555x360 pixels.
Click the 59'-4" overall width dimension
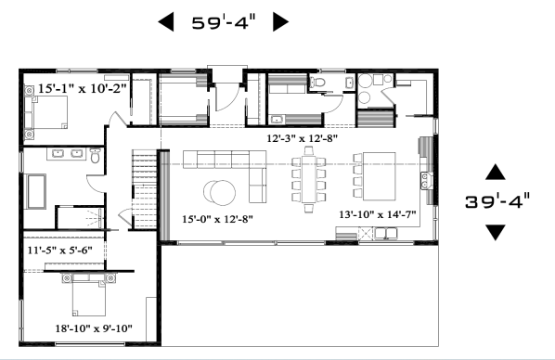coord(224,22)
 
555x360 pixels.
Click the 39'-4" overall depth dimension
coord(497,201)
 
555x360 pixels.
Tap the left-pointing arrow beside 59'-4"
coord(166,22)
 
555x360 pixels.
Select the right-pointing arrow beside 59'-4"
coord(280,22)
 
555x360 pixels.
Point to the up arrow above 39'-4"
coord(496,172)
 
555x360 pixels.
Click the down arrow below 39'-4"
coord(496,233)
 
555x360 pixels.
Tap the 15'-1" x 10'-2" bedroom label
coord(82,88)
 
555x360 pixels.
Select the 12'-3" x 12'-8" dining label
coord(302,138)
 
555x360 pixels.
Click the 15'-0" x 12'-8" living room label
coord(217,219)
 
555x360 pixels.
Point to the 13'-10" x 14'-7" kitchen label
coord(378,214)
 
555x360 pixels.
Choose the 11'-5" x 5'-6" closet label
coord(59,251)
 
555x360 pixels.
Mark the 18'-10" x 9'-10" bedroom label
coord(94,328)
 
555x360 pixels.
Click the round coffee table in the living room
coord(219,193)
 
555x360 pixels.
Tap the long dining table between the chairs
coord(309,179)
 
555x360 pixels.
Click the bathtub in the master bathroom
coord(34,191)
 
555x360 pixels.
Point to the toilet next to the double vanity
coord(96,155)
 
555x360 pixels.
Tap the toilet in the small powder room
coord(317,83)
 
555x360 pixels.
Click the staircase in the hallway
coord(145,189)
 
